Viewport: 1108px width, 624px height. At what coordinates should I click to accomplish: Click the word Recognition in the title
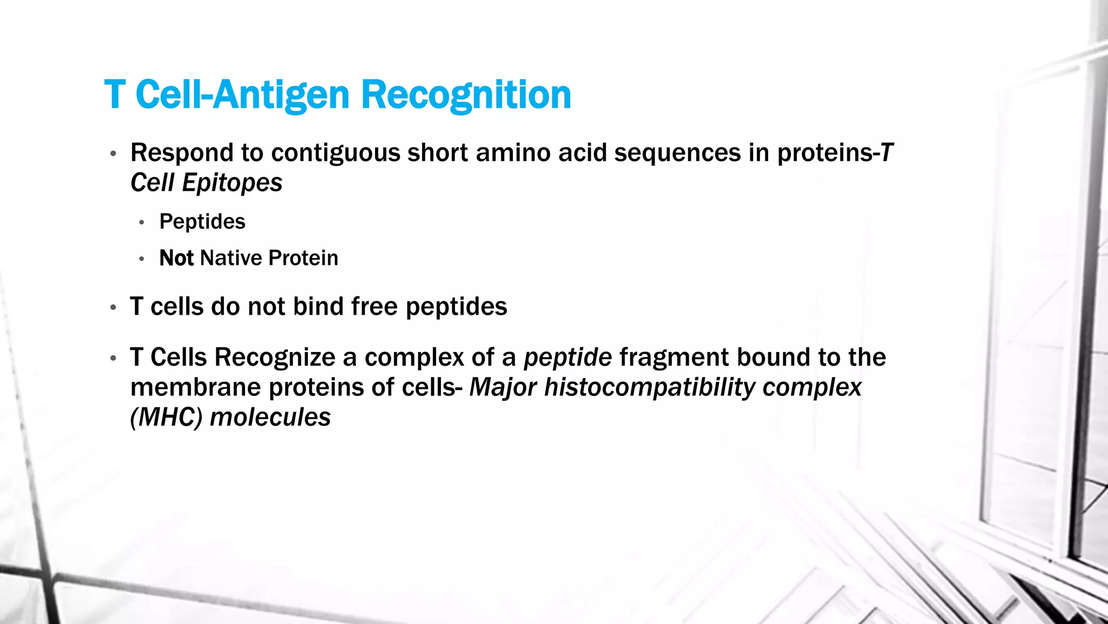coord(465,95)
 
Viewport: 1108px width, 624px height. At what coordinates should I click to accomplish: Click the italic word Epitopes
coord(232,183)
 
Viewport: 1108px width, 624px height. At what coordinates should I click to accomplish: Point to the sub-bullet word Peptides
coord(202,222)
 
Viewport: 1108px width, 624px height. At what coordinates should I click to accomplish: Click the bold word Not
coord(176,258)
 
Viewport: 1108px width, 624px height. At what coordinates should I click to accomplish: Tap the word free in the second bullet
coord(374,307)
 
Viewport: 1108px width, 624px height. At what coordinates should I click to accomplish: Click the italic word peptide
coord(568,358)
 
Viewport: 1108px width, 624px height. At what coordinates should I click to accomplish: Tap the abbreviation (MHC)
coord(167,418)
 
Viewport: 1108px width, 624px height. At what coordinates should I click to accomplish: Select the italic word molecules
coord(270,418)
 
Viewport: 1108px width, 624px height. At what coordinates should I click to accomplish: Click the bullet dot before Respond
coord(113,154)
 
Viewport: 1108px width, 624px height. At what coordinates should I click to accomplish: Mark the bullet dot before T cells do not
coord(113,308)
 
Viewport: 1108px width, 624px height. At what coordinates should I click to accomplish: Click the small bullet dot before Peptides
coord(142,223)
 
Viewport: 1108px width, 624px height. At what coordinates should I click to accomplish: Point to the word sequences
coord(677,153)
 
